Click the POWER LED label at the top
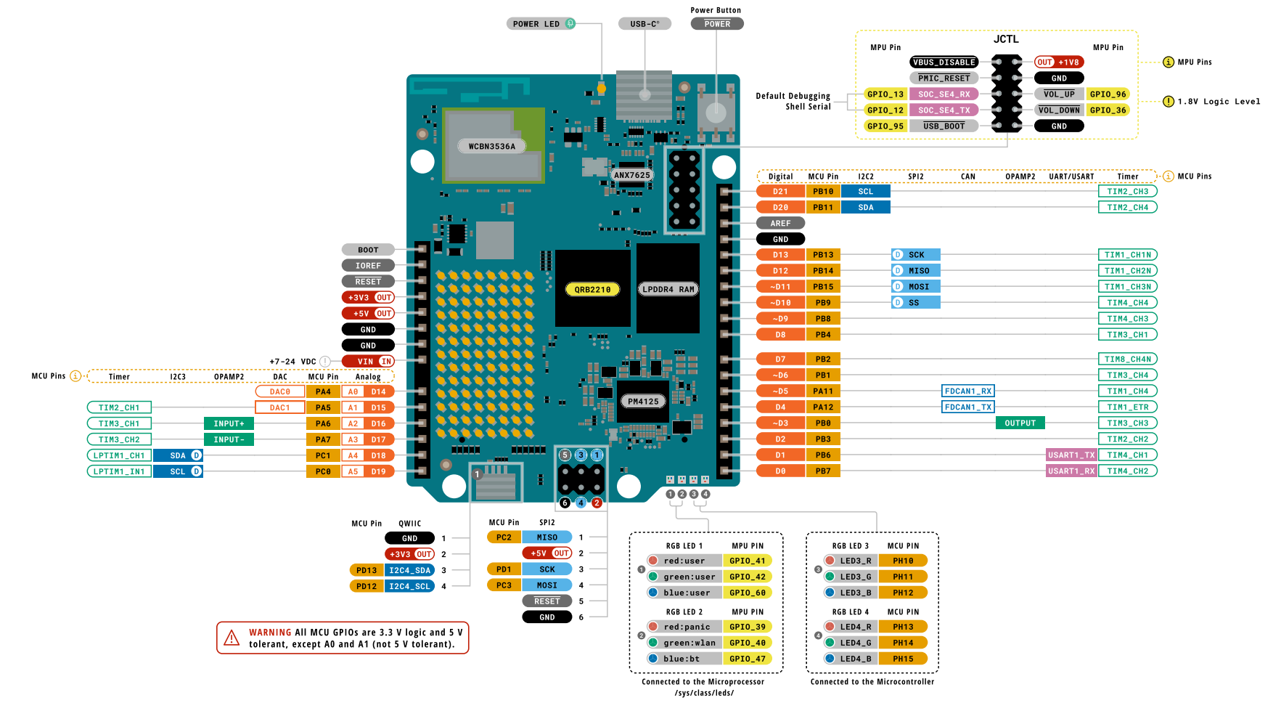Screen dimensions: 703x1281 536,24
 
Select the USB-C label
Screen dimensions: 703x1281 644,24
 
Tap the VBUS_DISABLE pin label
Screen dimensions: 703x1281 944,62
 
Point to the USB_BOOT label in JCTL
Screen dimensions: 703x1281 944,126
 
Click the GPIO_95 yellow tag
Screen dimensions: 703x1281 885,126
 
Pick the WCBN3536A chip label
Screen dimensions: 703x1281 491,146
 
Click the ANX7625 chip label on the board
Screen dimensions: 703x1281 631,175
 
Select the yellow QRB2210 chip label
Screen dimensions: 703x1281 592,290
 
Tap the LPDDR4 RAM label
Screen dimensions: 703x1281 668,289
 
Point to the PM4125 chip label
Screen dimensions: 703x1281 643,402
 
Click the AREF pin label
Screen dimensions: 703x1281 780,224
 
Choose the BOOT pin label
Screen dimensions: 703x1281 368,250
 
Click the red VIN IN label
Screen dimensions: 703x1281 368,362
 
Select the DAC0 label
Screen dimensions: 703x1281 280,392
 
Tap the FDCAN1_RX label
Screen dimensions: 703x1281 967,391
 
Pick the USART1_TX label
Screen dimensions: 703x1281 1071,455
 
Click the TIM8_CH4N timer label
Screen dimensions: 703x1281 1127,359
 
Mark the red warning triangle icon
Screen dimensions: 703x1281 232,638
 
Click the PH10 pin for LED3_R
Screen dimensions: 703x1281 903,561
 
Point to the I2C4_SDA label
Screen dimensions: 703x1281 409,571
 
